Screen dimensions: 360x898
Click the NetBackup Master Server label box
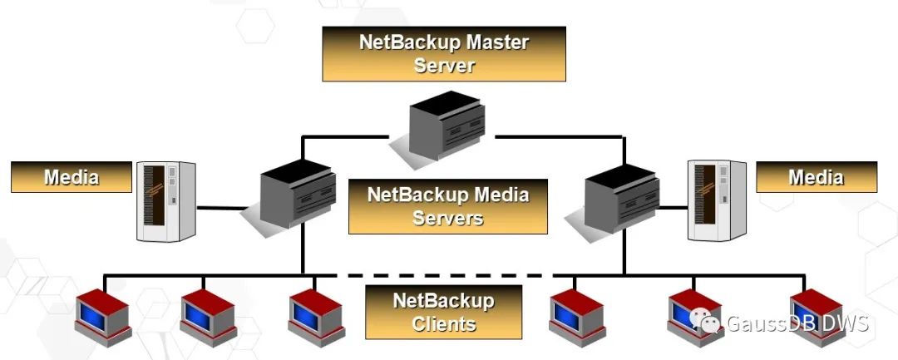(444, 53)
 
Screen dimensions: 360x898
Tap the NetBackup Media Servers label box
(448, 206)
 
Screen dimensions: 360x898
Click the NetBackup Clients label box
(443, 312)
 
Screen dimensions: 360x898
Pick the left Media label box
(72, 177)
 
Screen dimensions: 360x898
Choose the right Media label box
(816, 177)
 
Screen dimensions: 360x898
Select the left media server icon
(295, 196)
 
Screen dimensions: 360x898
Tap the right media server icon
(619, 196)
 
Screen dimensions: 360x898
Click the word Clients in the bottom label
(443, 323)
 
